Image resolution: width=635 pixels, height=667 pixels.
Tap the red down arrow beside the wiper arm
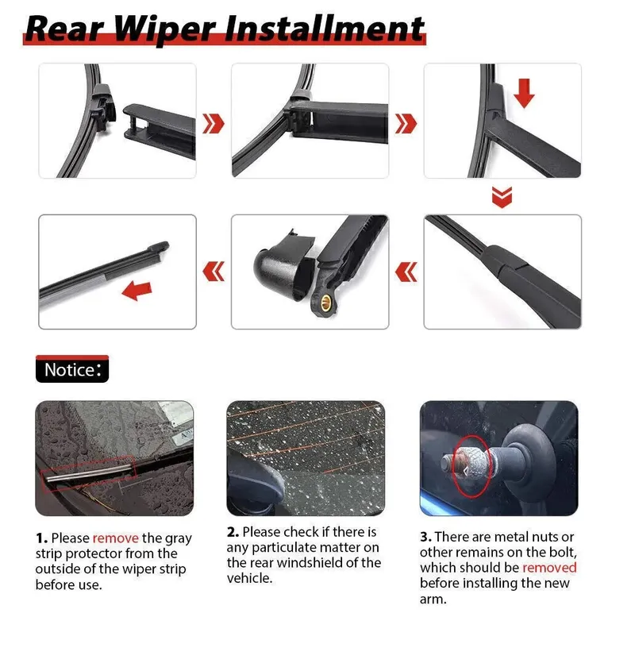pos(524,93)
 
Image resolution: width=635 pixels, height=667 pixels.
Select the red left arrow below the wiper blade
pos(137,291)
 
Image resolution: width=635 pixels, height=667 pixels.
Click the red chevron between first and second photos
pos(213,123)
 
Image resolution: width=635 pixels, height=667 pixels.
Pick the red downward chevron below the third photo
pos(502,197)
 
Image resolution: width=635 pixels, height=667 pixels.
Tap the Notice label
pos(72,369)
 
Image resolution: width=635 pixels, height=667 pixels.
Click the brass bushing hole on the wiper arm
pos(326,303)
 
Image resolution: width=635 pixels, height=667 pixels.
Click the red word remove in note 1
pos(116,538)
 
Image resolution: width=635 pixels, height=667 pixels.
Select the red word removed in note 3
pos(549,568)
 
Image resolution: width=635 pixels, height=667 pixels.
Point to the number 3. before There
pos(425,537)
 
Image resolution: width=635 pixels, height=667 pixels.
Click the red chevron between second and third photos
pos(406,123)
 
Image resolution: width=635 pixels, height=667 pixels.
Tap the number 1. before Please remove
pos(41,538)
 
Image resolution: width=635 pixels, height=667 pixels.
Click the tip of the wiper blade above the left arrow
pos(166,245)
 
